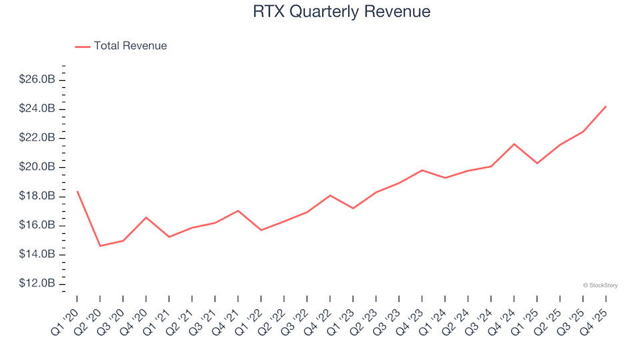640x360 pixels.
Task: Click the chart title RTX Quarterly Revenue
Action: coord(341,12)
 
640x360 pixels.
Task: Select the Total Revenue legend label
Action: coord(130,46)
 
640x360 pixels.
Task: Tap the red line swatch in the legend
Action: coord(82,47)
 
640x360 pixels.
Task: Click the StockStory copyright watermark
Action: coord(600,285)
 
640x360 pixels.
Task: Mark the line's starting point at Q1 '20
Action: coord(77,191)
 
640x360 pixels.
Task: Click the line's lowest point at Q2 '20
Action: coord(100,246)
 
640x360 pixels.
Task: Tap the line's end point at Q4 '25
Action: coord(605,106)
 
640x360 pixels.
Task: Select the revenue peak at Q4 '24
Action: coord(513,144)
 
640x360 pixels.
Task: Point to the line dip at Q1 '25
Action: coord(537,163)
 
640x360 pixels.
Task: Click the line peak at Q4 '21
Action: coord(238,211)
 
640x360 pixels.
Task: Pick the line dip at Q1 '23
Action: coord(353,209)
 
